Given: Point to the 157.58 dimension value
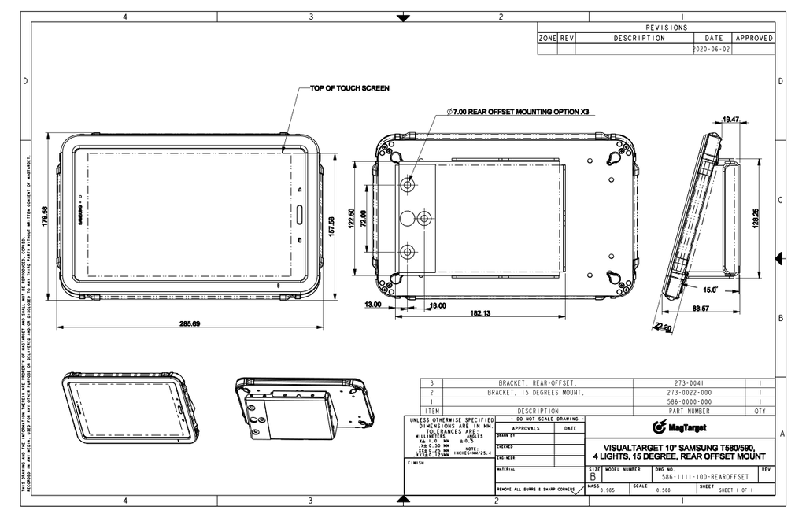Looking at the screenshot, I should [331, 226].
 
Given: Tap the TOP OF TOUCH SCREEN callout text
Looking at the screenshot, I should [349, 88].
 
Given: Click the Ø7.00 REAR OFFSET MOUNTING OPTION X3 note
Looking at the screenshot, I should [517, 113].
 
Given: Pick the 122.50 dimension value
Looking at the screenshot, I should [362, 219].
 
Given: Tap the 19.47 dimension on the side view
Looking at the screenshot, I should [730, 120].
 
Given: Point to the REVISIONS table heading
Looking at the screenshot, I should [666, 28].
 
